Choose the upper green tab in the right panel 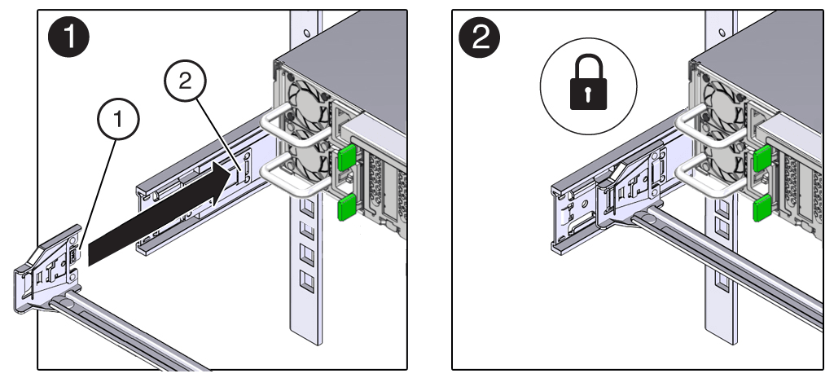(x=762, y=158)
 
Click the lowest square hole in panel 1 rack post (x=307, y=283)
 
